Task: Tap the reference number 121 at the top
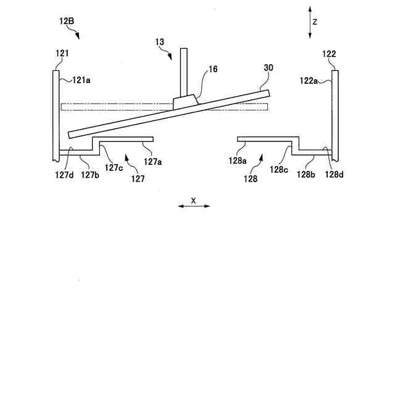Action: click(x=62, y=54)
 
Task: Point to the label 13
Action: click(x=160, y=42)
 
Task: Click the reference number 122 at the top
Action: click(x=329, y=54)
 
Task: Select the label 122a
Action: click(x=309, y=79)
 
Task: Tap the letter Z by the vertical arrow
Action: click(x=315, y=21)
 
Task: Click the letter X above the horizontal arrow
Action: click(x=193, y=200)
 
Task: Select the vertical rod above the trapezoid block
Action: click(x=183, y=71)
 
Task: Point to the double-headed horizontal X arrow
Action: click(x=194, y=206)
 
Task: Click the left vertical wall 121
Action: click(x=56, y=111)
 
